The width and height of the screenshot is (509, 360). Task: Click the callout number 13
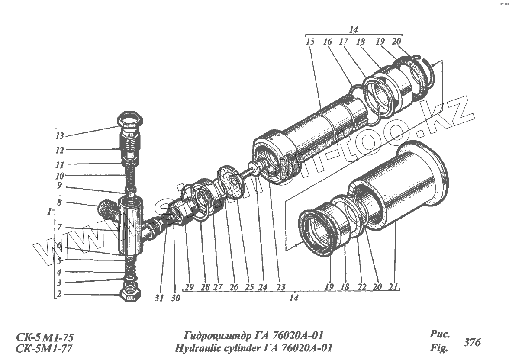[x=59, y=136]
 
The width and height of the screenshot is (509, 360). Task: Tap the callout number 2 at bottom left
[x=59, y=294]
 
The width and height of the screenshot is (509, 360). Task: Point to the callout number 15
[x=310, y=42]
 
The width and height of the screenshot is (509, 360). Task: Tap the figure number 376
[x=472, y=342]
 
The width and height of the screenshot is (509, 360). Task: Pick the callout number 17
[x=344, y=42]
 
